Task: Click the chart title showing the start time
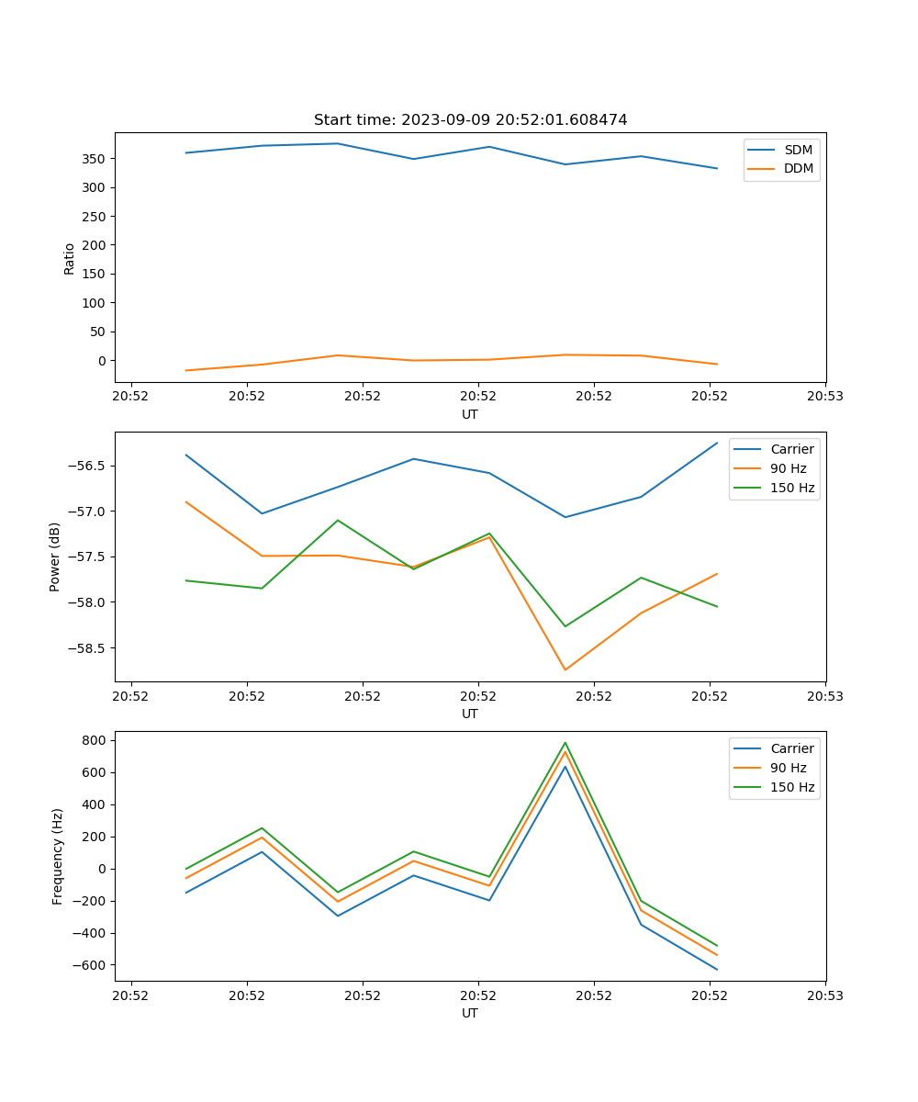tap(470, 120)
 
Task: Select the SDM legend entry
tap(798, 150)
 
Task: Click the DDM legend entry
tap(799, 168)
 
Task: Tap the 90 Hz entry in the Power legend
tap(789, 468)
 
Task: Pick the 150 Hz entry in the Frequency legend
tap(793, 787)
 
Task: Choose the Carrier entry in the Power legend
tap(791, 449)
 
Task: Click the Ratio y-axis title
tap(70, 258)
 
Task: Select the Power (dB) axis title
tap(55, 557)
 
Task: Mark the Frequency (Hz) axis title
tap(58, 856)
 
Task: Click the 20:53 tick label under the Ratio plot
tap(824, 397)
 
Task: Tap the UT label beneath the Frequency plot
tap(470, 1013)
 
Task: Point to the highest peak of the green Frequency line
tap(565, 743)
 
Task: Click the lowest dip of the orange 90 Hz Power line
tap(565, 669)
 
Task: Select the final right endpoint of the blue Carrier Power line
tap(717, 443)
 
